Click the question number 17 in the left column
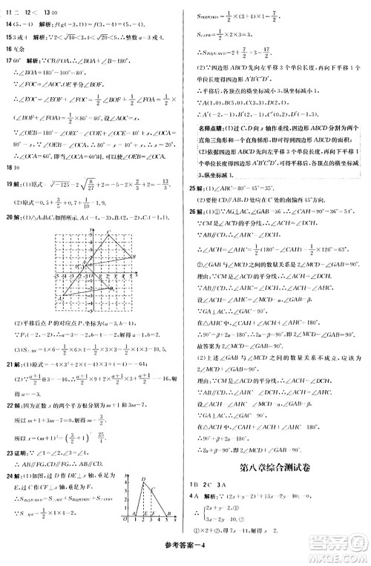tap(9, 78)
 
